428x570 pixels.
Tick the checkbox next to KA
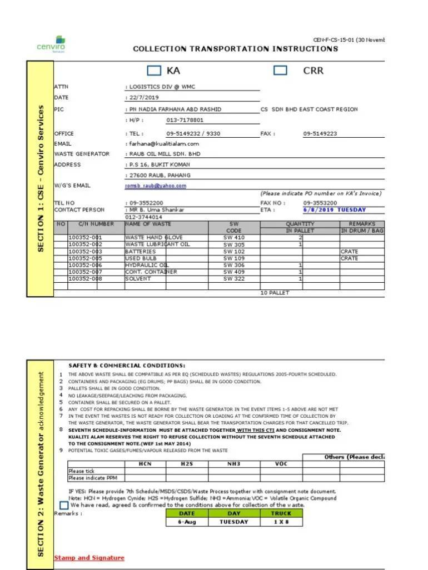(154, 71)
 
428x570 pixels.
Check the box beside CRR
(281, 71)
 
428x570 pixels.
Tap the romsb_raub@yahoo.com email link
(156, 186)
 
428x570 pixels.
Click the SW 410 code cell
(233, 237)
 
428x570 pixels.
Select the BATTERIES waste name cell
(141, 251)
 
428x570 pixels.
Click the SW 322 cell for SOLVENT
(233, 278)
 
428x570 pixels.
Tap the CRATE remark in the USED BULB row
(350, 258)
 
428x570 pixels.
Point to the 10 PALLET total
(275, 293)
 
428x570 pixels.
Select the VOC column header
(281, 464)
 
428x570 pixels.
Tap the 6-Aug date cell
(187, 522)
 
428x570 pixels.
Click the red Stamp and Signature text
(89, 558)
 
